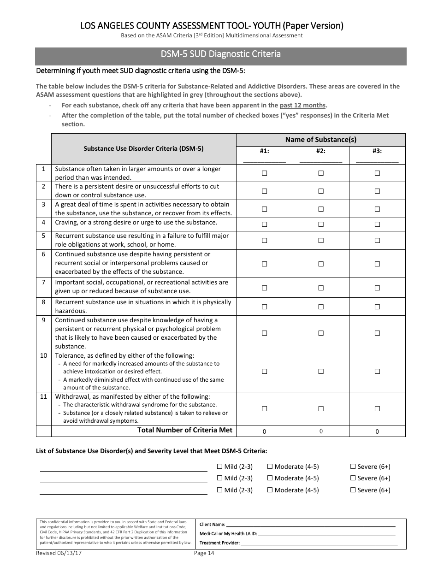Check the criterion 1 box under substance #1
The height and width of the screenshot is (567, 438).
[265, 173]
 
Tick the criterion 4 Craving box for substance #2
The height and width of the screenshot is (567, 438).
[321, 224]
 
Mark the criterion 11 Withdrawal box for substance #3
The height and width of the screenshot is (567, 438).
[377, 408]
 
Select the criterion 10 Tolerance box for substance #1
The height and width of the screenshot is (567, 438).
[265, 371]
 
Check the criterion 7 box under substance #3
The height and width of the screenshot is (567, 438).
[377, 288]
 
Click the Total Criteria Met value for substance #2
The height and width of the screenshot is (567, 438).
[321, 431]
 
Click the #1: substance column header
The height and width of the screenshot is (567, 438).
[265, 151]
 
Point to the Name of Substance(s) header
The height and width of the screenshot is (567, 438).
[320, 140]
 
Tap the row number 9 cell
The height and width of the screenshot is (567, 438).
[43, 320]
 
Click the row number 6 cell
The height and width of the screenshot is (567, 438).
[43, 254]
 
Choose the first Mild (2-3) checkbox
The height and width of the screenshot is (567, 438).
[219, 467]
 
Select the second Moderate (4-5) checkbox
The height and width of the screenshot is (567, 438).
[270, 478]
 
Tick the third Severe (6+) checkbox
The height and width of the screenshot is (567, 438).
[353, 490]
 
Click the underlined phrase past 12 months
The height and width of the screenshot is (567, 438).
[302, 105]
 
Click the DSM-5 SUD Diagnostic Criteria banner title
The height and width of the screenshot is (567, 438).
[220, 54]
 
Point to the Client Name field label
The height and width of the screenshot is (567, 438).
[212, 525]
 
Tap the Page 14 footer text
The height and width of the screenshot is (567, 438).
[204, 553]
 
